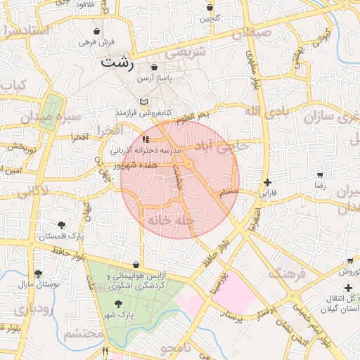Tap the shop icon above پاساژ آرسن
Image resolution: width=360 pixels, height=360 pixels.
154,67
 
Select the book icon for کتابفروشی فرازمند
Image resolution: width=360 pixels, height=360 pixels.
144,102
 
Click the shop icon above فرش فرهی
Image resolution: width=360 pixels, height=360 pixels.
96,32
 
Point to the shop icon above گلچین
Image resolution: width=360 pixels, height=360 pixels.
209,8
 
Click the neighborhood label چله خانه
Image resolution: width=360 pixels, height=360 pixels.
169,220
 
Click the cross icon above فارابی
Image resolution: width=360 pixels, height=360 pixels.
267,182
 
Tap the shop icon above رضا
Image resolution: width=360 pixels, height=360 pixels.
320,174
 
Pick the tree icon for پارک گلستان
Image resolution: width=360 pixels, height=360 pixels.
63,225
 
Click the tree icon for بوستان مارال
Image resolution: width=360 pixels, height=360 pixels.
38,274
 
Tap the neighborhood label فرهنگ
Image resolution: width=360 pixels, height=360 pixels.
286,271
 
